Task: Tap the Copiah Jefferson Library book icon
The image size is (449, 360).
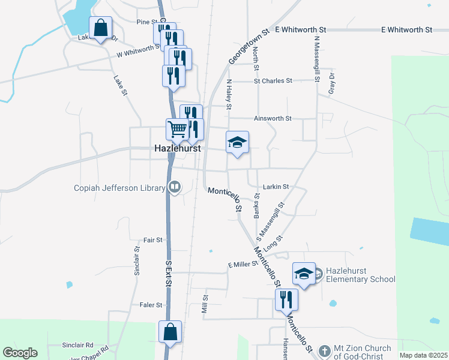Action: pos(174,188)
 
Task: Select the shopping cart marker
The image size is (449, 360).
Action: pos(178,129)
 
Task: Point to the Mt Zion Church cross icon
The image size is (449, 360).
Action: pos(324,350)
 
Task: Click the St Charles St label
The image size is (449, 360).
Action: pos(273,80)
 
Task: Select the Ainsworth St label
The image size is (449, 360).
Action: pos(273,119)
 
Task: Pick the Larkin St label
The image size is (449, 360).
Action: pos(276,187)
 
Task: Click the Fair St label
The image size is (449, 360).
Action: pos(151,240)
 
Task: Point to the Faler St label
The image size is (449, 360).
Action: pos(151,305)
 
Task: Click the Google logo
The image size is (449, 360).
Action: pos(20,353)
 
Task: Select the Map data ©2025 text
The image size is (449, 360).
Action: pos(423,355)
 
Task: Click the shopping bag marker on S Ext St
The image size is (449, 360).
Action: pos(170,332)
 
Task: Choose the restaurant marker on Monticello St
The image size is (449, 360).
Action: pos(286,299)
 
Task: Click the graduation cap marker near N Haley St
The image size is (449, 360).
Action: pos(237,142)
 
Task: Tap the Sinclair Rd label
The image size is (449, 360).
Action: pos(78,346)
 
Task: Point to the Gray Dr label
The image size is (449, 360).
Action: pos(330,80)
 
